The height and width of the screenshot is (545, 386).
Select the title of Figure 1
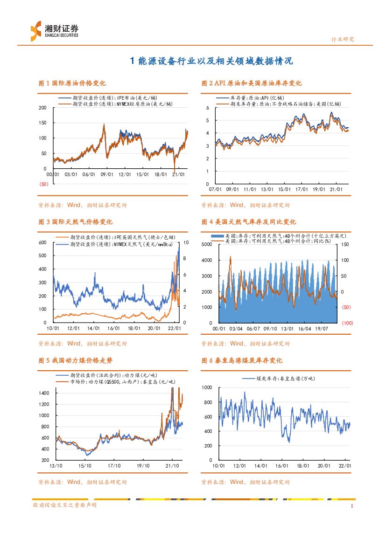[x=72, y=83]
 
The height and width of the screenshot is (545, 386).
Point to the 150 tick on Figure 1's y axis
[x=42, y=123]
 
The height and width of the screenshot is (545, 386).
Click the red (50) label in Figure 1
[x=43, y=184]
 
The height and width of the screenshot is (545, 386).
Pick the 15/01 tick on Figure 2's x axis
[x=284, y=190]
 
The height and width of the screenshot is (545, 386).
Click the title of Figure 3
[x=75, y=222]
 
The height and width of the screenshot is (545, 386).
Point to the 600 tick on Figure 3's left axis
[x=42, y=243]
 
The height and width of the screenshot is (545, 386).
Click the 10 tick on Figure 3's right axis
[x=186, y=243]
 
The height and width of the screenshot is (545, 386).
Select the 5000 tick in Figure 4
[x=207, y=245]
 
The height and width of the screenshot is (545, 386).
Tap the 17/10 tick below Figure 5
[x=114, y=466]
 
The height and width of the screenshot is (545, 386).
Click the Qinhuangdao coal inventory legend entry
[x=279, y=379]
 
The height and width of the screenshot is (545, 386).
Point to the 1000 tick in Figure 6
[x=207, y=388]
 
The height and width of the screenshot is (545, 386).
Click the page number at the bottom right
[x=352, y=505]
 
